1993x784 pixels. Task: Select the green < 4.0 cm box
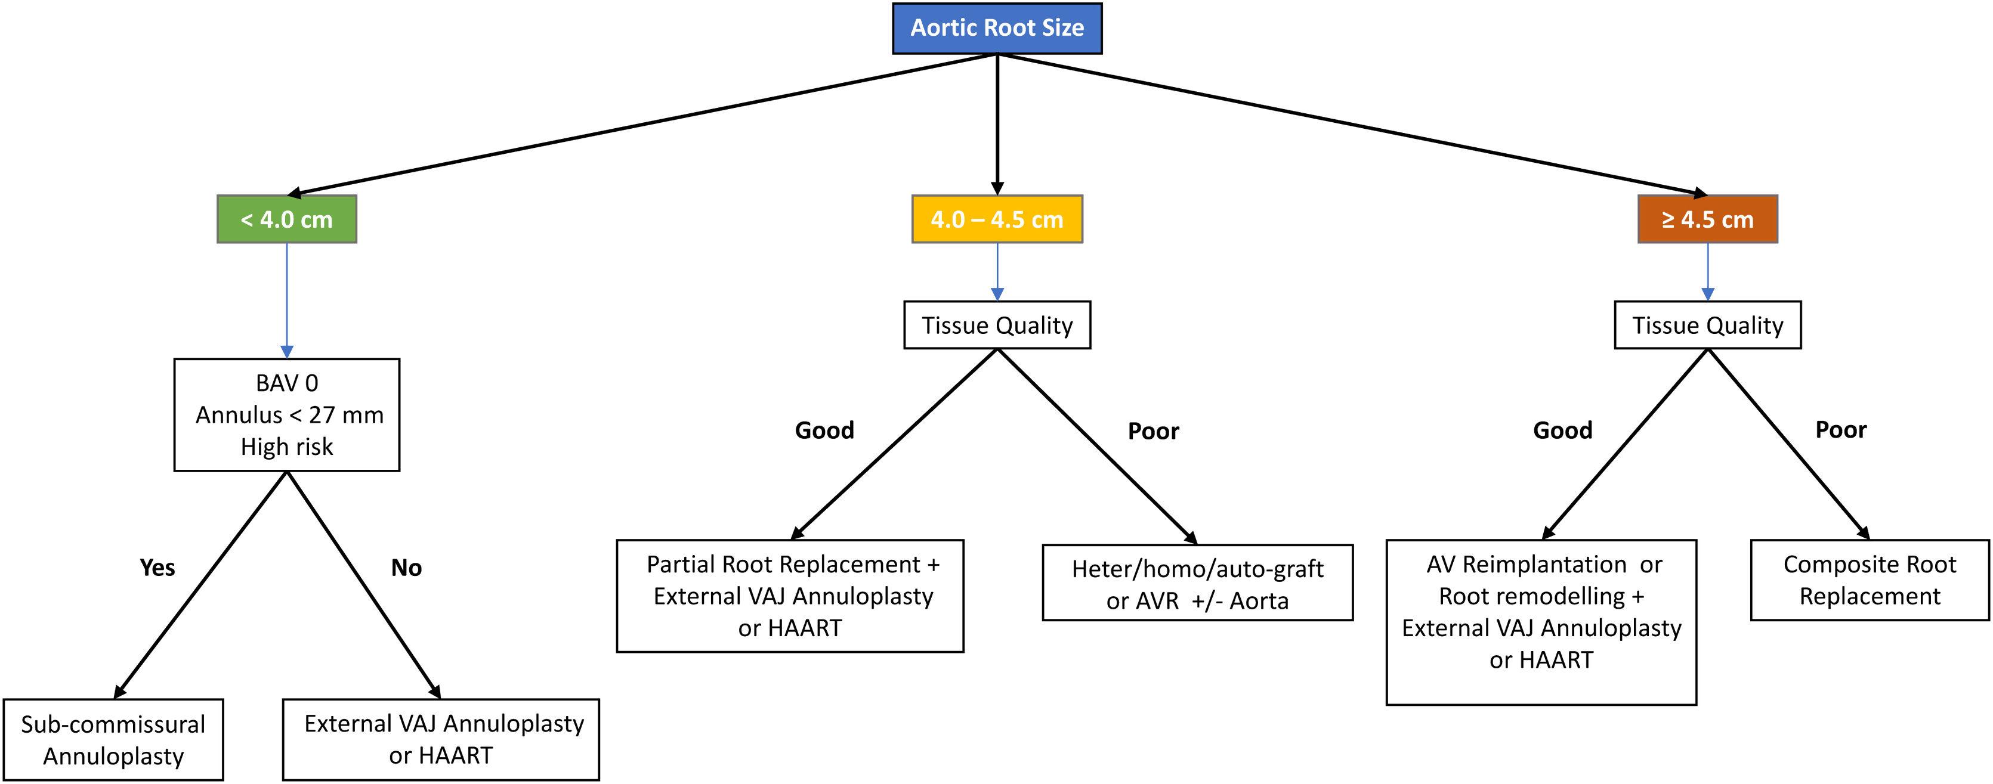click(x=286, y=219)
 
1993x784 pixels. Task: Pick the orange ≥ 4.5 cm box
click(x=1707, y=219)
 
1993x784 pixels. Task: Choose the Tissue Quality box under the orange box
click(x=1707, y=325)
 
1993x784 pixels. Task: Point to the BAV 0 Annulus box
click(x=286, y=414)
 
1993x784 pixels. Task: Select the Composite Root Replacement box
click(x=1869, y=580)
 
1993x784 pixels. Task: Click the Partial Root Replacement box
click(x=790, y=596)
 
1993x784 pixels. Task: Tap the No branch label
click(x=406, y=568)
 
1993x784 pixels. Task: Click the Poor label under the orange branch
click(x=1840, y=429)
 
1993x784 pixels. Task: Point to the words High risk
click(x=286, y=447)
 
